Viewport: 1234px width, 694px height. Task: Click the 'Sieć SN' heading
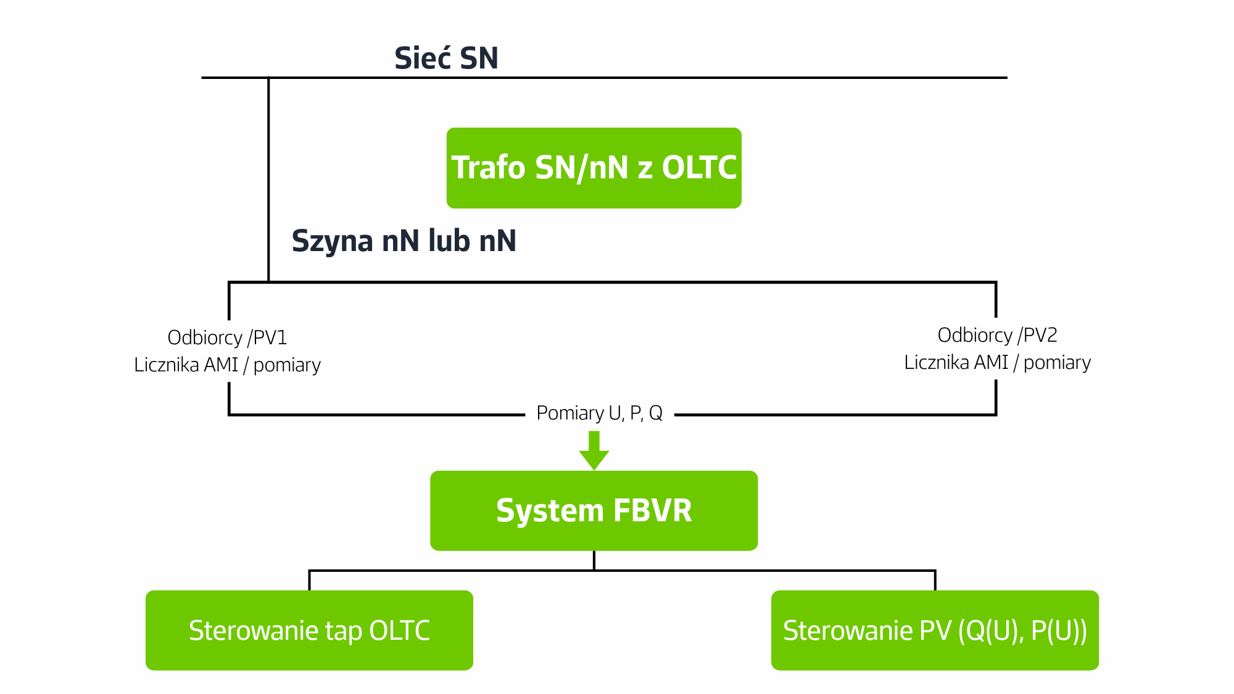446,58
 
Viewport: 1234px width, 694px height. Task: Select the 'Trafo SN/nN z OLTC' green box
594,168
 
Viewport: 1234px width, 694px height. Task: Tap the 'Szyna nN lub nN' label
404,241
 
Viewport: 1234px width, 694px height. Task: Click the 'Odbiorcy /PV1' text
227,337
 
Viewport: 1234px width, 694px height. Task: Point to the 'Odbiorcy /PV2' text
997,335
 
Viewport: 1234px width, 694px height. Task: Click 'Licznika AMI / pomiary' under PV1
227,365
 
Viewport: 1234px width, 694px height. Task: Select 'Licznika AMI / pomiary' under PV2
997,362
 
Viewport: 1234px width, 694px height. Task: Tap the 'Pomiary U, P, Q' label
599,413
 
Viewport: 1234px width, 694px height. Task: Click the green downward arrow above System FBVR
594,450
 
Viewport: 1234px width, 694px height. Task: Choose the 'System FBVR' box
594,511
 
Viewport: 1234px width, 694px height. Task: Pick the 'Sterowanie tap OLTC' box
309,630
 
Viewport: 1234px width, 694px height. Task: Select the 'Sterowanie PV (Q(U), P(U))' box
935,630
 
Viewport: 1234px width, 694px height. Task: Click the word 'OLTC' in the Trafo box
699,168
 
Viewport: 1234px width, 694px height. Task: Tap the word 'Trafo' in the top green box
488,168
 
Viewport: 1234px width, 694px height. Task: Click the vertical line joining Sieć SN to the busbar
268,180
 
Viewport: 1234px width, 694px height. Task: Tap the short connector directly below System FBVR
594,561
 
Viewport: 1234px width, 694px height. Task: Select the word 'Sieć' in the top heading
422,58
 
